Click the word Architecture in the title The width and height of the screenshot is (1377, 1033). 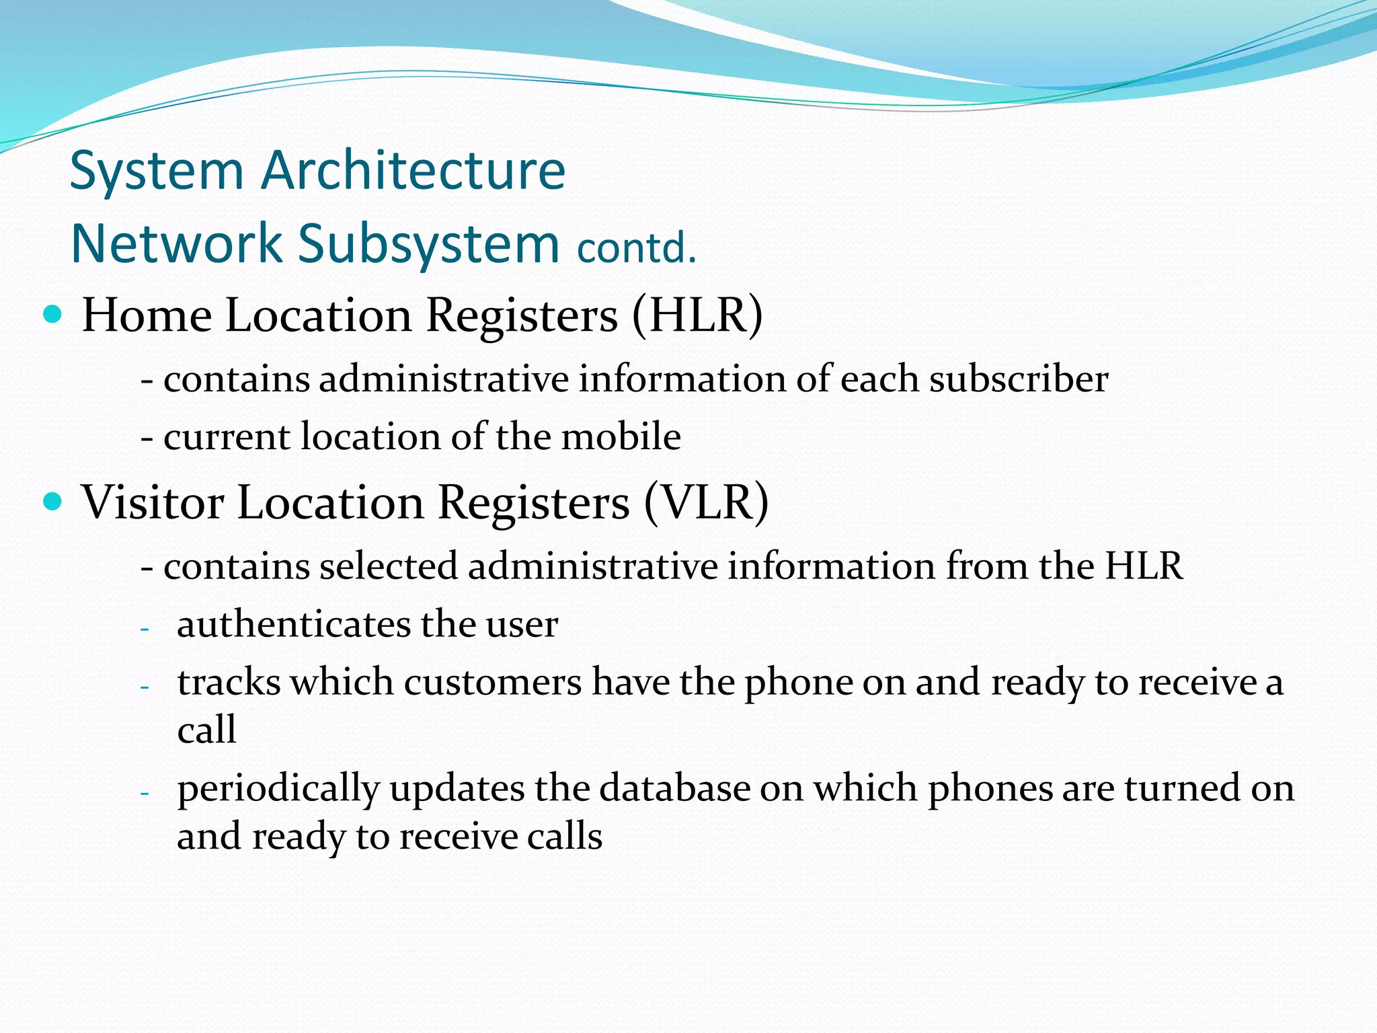click(x=413, y=170)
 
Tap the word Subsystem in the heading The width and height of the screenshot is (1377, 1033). click(x=428, y=243)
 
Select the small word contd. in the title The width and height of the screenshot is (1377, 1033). click(x=636, y=248)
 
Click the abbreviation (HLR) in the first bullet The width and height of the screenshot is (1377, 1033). click(x=697, y=315)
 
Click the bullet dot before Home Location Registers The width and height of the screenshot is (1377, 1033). click(x=52, y=313)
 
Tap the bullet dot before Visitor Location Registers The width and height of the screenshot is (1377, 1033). click(x=52, y=501)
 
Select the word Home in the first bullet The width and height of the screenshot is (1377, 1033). click(x=147, y=315)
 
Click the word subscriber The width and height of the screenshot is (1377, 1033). click(x=1019, y=379)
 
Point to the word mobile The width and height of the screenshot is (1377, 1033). click(x=621, y=436)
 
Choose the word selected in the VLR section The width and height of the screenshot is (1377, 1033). click(x=388, y=566)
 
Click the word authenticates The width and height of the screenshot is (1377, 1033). click(x=294, y=624)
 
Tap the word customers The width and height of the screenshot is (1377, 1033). click(x=492, y=682)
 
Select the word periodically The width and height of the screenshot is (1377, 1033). click(x=278, y=790)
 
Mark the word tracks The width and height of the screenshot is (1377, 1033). click(x=229, y=682)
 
